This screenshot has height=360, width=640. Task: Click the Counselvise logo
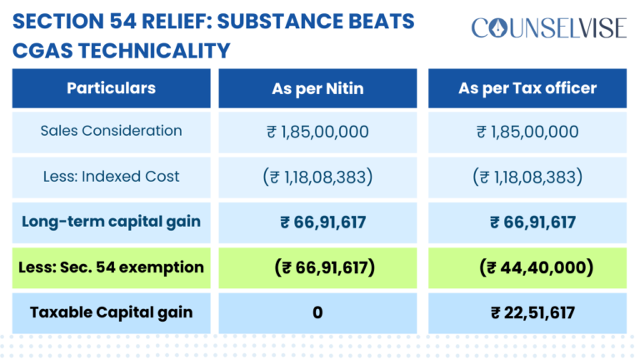pyautogui.click(x=547, y=28)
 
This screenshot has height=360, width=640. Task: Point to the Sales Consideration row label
pyautogui.click(x=111, y=131)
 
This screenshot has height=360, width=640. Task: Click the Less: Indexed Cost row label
pyautogui.click(x=111, y=177)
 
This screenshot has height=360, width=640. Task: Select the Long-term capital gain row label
pyautogui.click(x=111, y=222)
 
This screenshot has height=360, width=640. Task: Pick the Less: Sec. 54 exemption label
pyautogui.click(x=111, y=267)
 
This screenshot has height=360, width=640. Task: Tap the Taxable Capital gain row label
pyautogui.click(x=111, y=312)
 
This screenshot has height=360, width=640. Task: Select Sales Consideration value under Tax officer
pyautogui.click(x=527, y=132)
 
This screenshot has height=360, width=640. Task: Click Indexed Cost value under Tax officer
pyautogui.click(x=527, y=177)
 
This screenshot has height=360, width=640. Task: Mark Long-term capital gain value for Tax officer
pyautogui.click(x=527, y=222)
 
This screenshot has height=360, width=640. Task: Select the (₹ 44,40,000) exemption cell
pyautogui.click(x=527, y=267)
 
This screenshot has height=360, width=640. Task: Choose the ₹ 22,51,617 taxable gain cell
pyautogui.click(x=527, y=313)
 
